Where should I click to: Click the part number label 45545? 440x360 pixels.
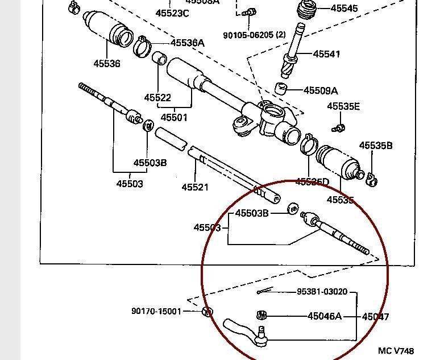tap(344, 9)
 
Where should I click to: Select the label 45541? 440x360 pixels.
tap(326, 54)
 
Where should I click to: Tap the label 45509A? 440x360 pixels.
tap(321, 90)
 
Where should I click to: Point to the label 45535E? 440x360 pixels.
tap(343, 106)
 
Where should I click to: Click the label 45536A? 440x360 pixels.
tap(187, 43)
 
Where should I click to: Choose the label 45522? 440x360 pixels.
tap(157, 98)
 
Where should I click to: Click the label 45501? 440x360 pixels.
tap(174, 117)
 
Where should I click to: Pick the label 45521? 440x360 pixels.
tap(195, 187)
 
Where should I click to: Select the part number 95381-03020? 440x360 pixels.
tap(321, 292)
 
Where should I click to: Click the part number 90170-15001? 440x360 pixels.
tap(156, 311)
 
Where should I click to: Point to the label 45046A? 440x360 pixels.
tap(325, 316)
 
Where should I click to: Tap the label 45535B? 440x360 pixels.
tap(376, 146)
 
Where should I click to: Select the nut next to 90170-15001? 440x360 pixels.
tap(207, 312)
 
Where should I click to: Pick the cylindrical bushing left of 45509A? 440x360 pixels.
tap(280, 89)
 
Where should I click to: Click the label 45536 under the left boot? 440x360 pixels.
tap(107, 64)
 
